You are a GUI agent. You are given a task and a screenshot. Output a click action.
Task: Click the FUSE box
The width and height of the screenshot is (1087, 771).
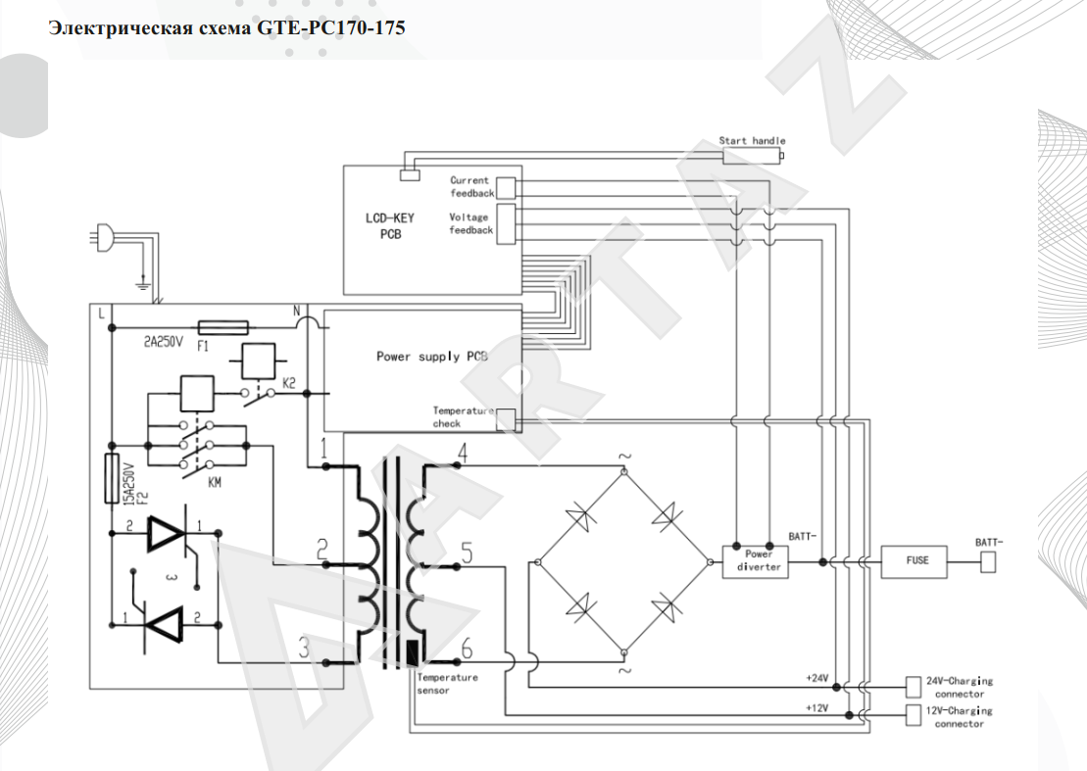[x=914, y=561]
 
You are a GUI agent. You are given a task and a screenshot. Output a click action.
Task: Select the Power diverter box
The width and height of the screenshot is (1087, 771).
[x=755, y=561]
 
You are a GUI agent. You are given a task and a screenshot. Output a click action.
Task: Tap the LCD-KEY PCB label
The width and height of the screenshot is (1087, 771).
[x=389, y=226]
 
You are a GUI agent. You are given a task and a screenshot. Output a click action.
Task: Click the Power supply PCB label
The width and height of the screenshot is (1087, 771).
[x=432, y=356]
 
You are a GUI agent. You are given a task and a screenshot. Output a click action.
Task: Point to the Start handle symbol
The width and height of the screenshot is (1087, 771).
[x=753, y=156]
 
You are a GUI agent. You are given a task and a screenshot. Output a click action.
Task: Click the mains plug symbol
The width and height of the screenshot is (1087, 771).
[x=103, y=237]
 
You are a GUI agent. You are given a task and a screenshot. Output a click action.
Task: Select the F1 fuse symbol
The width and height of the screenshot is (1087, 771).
[x=223, y=327]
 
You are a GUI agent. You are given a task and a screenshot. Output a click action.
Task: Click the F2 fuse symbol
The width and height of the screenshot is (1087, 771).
[x=111, y=478]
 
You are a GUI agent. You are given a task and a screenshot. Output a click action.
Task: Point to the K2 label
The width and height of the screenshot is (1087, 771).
[x=289, y=383]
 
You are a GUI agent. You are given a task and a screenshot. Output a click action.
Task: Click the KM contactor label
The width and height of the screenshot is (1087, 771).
[x=215, y=482]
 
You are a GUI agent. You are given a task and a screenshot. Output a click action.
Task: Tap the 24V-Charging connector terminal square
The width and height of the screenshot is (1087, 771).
[x=914, y=687]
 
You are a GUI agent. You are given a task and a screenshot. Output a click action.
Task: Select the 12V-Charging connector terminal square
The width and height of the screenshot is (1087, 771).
[x=914, y=715]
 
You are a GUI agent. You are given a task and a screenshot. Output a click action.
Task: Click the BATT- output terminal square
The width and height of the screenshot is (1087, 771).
[x=988, y=561]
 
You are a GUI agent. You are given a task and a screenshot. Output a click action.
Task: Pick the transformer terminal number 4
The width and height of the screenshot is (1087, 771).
[x=463, y=453]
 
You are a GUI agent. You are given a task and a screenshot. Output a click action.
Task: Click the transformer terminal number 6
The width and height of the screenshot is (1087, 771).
[x=467, y=649]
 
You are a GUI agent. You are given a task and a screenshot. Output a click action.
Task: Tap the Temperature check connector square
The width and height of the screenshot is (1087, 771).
[x=506, y=420]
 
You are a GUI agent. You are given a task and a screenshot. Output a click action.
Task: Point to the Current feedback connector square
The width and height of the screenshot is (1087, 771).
[x=506, y=188]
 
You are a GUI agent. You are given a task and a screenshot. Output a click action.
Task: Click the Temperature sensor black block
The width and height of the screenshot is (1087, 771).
[x=414, y=652]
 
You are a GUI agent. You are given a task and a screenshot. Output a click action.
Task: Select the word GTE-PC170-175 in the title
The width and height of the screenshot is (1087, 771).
[x=330, y=28]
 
